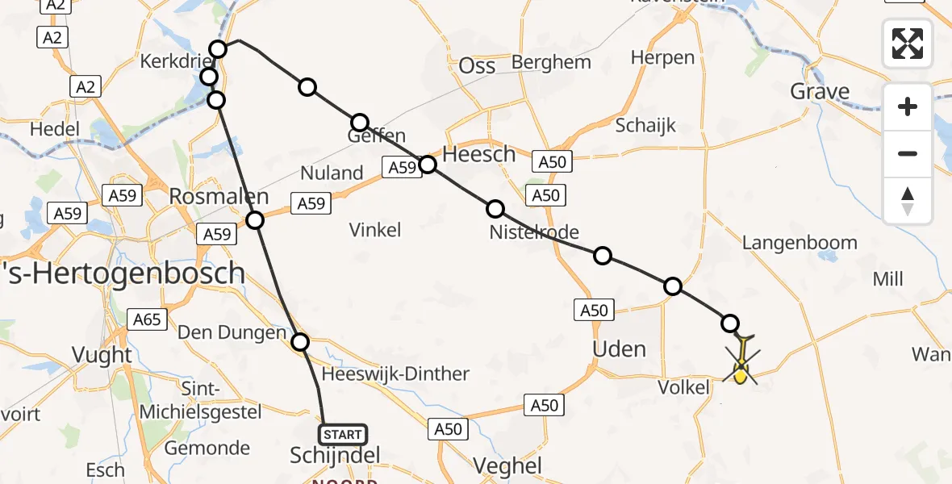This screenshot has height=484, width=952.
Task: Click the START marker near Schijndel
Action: [x=343, y=435]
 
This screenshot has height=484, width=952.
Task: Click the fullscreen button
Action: [x=908, y=43]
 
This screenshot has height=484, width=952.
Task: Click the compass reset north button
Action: [x=908, y=200]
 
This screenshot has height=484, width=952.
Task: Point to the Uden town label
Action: [x=619, y=349]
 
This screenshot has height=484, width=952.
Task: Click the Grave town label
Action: [x=820, y=91]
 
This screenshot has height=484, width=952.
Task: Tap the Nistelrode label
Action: [x=534, y=233]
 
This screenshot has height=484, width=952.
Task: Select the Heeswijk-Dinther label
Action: [x=395, y=373]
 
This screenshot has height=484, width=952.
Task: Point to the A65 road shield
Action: [x=147, y=319]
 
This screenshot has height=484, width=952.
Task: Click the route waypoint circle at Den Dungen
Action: [x=300, y=342]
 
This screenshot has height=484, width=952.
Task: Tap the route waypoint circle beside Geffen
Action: [x=360, y=123]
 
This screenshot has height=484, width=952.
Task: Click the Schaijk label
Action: [x=645, y=126]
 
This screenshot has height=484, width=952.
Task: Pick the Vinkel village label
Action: [x=375, y=230]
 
